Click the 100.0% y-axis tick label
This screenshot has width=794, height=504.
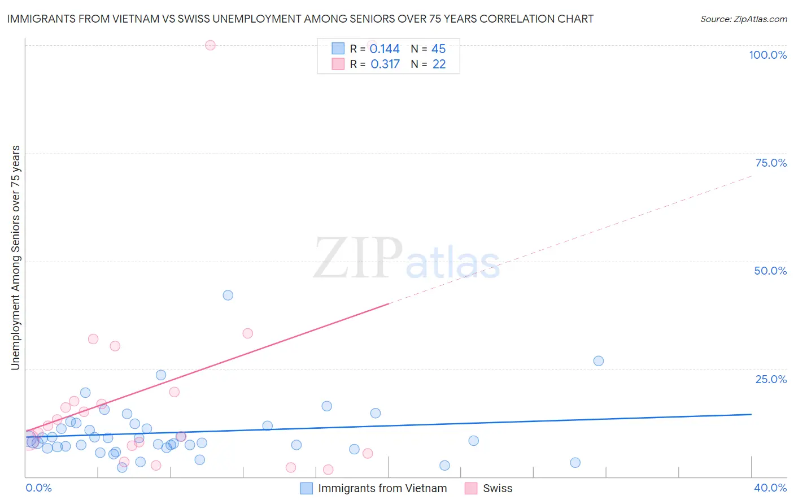tap(767, 55)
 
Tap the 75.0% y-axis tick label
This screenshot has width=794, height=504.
tap(771, 163)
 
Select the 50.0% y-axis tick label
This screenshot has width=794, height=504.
tap(770, 271)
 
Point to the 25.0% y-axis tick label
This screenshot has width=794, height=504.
tap(771, 379)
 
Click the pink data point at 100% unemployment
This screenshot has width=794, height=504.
tap(210, 45)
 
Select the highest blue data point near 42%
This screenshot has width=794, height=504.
tap(228, 295)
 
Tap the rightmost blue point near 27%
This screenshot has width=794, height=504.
tap(599, 361)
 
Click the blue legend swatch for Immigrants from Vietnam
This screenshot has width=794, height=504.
tap(306, 488)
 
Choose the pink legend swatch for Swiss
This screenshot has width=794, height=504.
tap(471, 488)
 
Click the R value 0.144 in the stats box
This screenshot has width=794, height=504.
tap(385, 49)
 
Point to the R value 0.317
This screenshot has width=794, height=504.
tap(385, 64)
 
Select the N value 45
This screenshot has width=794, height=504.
tap(439, 49)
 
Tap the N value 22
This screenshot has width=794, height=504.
tap(439, 64)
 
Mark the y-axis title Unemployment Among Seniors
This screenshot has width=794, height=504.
tap(15, 258)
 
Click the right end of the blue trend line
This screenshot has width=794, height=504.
tap(751, 414)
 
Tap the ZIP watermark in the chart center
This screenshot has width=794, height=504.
tap(358, 258)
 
